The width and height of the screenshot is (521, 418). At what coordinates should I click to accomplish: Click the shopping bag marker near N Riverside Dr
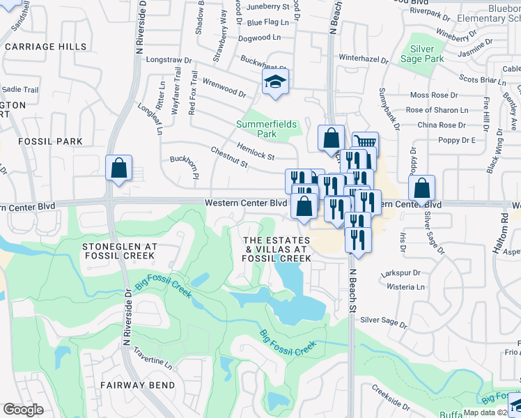pos(119,168)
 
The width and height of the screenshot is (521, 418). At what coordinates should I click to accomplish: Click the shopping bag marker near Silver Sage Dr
pos(421,188)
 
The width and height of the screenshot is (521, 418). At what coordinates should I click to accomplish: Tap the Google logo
pos(23,410)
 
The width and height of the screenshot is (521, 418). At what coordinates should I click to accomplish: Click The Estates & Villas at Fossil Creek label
pos(276,249)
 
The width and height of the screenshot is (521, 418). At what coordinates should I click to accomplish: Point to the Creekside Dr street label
pos(390,395)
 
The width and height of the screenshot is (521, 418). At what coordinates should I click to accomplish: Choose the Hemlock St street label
pos(256,150)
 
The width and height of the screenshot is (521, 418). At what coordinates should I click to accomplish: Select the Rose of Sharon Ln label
pos(437,110)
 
